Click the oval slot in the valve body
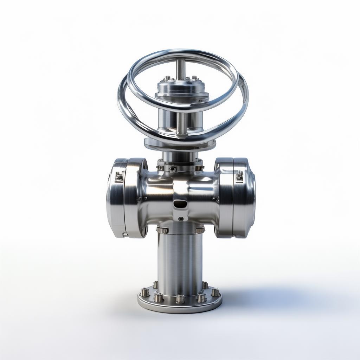coord(180,203)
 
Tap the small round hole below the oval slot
coord(181,219)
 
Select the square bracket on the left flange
coord(119,177)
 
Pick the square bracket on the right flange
coord(239,176)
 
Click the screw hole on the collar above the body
coord(173,168)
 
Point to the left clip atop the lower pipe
coord(162,230)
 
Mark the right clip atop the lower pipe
coord(200,230)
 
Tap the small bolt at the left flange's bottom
coord(125,234)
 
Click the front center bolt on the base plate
coord(180,299)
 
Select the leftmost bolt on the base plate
coord(144,292)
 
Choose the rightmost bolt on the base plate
coord(215,292)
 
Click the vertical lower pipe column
coord(180,260)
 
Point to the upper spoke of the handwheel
coord(181,69)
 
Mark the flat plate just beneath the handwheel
coord(180,144)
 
